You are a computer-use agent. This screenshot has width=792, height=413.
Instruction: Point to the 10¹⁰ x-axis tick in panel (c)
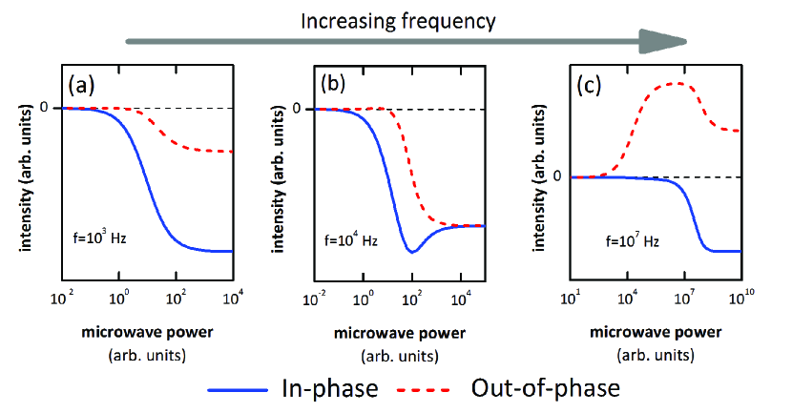740,301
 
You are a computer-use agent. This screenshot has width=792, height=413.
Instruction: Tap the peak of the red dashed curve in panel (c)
675,84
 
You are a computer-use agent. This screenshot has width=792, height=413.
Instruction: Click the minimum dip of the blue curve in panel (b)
411,252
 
